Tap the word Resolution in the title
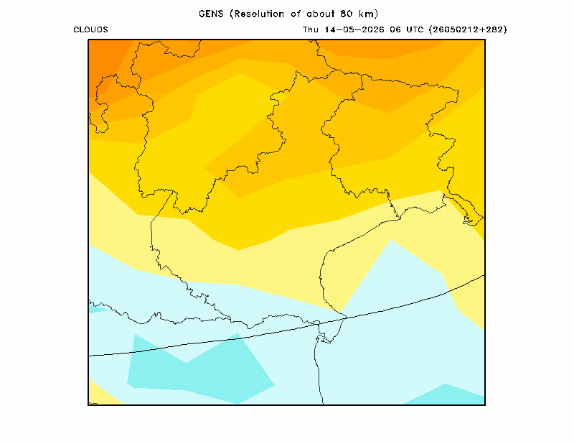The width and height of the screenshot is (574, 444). pos(259,14)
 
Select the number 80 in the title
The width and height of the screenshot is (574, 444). pos(347,14)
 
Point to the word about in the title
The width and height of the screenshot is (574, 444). pos(320,14)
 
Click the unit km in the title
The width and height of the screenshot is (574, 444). pos(367,14)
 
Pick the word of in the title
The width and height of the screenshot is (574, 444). pos(296,14)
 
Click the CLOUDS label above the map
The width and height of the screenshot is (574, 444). pos(91,29)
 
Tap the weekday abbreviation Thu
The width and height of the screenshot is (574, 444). pos(311,29)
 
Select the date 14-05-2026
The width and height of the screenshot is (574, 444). pos(354,29)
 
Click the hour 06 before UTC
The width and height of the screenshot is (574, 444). pos(395,29)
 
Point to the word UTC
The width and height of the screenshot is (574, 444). pos(415,29)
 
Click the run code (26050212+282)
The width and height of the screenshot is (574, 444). pos(468,29)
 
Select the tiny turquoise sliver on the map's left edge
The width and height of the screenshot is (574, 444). pos(96,309)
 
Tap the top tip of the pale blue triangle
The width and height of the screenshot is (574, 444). pos(391,240)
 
